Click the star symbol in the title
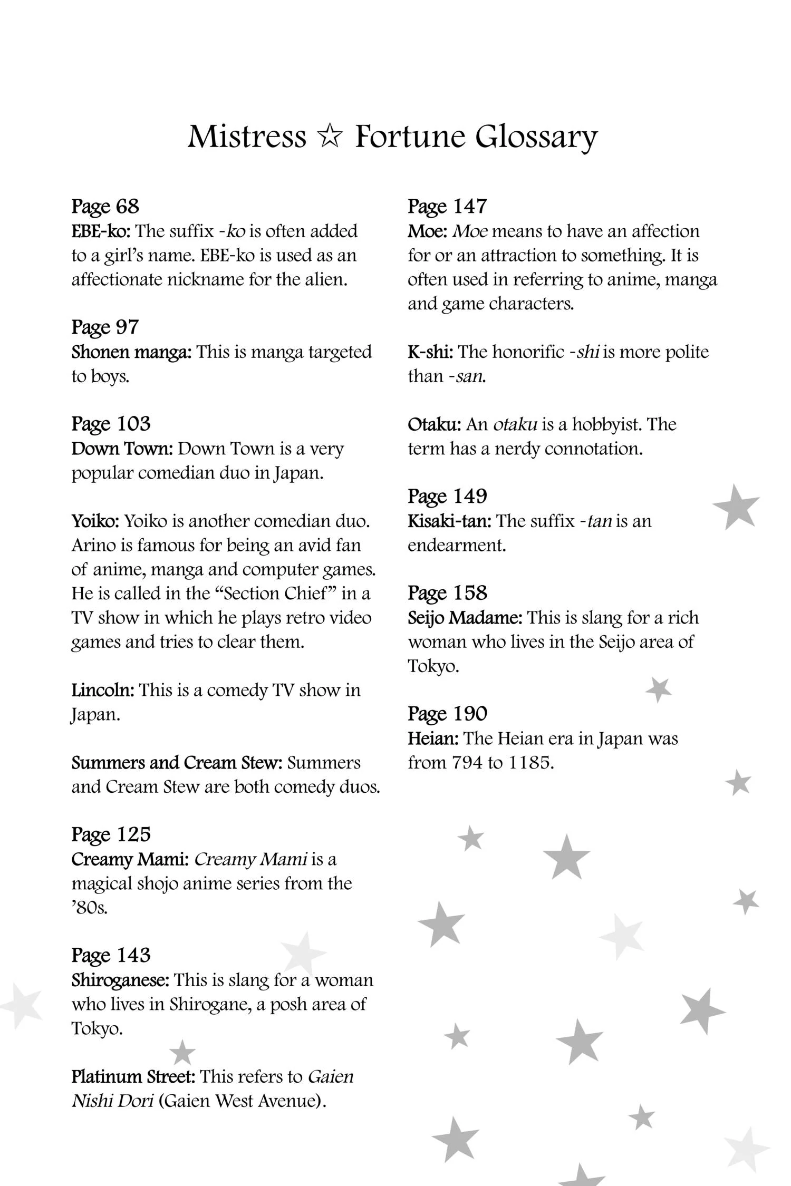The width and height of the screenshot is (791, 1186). tap(330, 137)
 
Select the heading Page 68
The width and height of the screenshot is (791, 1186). tap(105, 206)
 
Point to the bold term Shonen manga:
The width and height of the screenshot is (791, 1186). tap(131, 352)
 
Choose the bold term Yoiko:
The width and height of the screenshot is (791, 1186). tap(95, 521)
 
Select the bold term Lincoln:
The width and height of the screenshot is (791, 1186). tap(103, 690)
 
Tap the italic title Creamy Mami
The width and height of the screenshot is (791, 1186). tap(250, 859)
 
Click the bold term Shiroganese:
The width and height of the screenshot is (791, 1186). tap(120, 980)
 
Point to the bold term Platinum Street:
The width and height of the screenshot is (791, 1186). tap(133, 1076)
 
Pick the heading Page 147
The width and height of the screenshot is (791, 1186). tap(447, 206)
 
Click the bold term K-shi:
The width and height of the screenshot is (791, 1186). tap(430, 352)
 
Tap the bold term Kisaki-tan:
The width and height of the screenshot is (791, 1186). tap(449, 521)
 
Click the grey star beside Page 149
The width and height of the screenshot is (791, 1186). tap(736, 507)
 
